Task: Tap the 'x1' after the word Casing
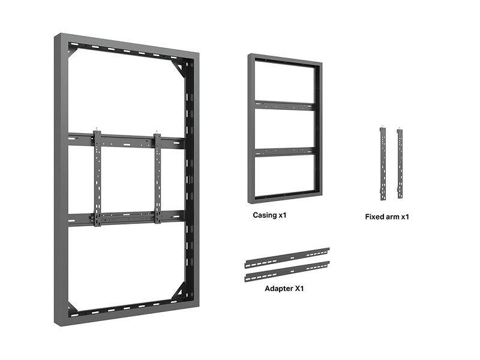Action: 283,214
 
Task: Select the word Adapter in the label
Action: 279,288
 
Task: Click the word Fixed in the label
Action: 374,217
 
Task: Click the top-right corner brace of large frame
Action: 178,65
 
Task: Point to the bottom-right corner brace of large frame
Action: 178,293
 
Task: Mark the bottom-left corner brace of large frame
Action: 73,310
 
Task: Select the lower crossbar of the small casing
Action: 284,152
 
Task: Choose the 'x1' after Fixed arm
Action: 404,217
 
